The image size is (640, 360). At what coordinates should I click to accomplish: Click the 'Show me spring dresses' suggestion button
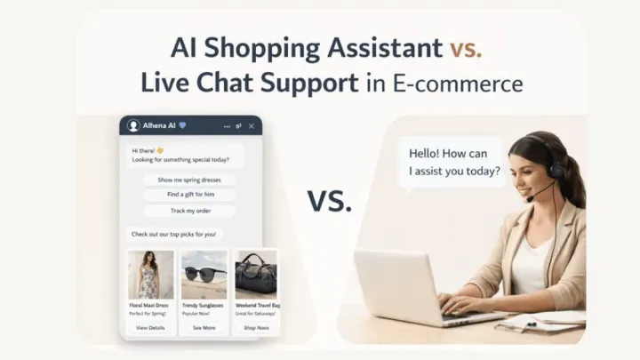189,180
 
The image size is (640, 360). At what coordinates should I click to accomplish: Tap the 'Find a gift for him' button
189,195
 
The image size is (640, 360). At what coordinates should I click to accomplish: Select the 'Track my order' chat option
189,211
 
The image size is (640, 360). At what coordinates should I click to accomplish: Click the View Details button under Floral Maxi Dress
150,328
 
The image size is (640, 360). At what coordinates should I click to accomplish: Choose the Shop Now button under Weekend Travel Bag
256,328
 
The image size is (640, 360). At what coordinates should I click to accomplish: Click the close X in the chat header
252,126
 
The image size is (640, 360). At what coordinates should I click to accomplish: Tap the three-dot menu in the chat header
228,126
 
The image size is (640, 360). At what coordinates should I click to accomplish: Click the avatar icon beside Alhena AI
134,126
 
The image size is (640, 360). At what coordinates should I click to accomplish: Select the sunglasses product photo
204,275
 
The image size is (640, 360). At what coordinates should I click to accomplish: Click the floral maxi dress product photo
150,275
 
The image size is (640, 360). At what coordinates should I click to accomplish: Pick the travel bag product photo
256,275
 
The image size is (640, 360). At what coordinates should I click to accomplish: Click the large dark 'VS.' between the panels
331,202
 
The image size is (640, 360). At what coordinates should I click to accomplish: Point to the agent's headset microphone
531,197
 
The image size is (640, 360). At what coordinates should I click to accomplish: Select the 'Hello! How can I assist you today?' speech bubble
453,161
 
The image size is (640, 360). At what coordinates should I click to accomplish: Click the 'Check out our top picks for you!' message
174,235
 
